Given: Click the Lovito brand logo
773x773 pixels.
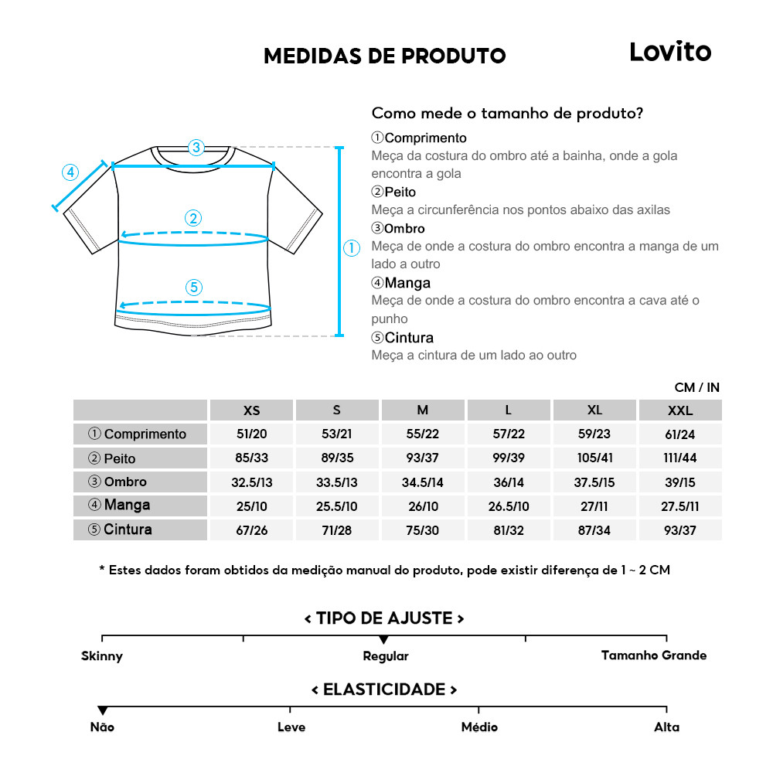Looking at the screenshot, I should pos(669,52).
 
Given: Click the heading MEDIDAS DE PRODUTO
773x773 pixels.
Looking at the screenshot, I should pos(384,56).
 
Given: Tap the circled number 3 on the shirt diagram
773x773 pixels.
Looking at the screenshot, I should pos(196,147).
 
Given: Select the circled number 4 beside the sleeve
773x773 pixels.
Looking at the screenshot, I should pos(70,172).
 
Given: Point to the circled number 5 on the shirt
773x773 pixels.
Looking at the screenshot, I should pos(193,288).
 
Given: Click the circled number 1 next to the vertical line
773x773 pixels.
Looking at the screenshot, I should pos(352,248).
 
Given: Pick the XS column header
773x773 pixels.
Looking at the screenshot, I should pos(251,410).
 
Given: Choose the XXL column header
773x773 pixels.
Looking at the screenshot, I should pos(680,410).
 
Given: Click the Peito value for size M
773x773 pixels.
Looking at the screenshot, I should pos(422,458).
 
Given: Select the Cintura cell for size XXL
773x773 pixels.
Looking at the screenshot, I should pos(680,530).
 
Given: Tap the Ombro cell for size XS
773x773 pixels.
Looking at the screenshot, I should pos(251,482).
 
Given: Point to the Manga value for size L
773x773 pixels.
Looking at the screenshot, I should pos(509,506).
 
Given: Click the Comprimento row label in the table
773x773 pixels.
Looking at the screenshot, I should pos(140,434).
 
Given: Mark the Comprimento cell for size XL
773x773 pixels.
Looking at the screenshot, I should pos(594,434).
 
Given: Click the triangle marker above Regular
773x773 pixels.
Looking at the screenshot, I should pos(383,639).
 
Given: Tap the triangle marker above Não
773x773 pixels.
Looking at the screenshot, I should pos(102,710).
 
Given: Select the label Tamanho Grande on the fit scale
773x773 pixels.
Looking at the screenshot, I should pos(654,656).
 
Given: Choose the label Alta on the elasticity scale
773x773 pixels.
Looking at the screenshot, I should pos(666,727).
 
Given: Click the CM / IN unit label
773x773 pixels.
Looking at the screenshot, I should pos(696,387).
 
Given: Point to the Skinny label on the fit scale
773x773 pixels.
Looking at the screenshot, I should pos(102,656).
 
